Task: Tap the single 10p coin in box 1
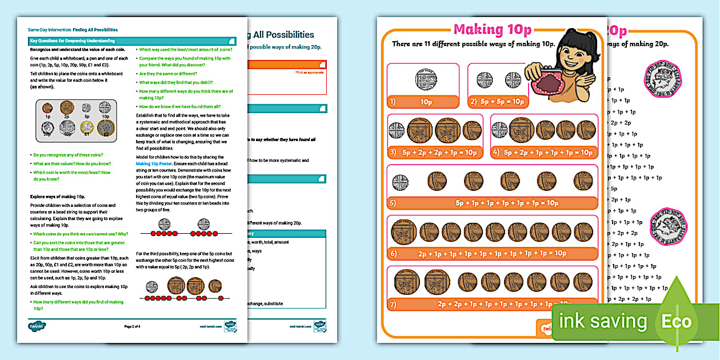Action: (423, 79)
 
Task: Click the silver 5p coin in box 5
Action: (400, 182)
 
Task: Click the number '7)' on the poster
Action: (393, 305)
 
